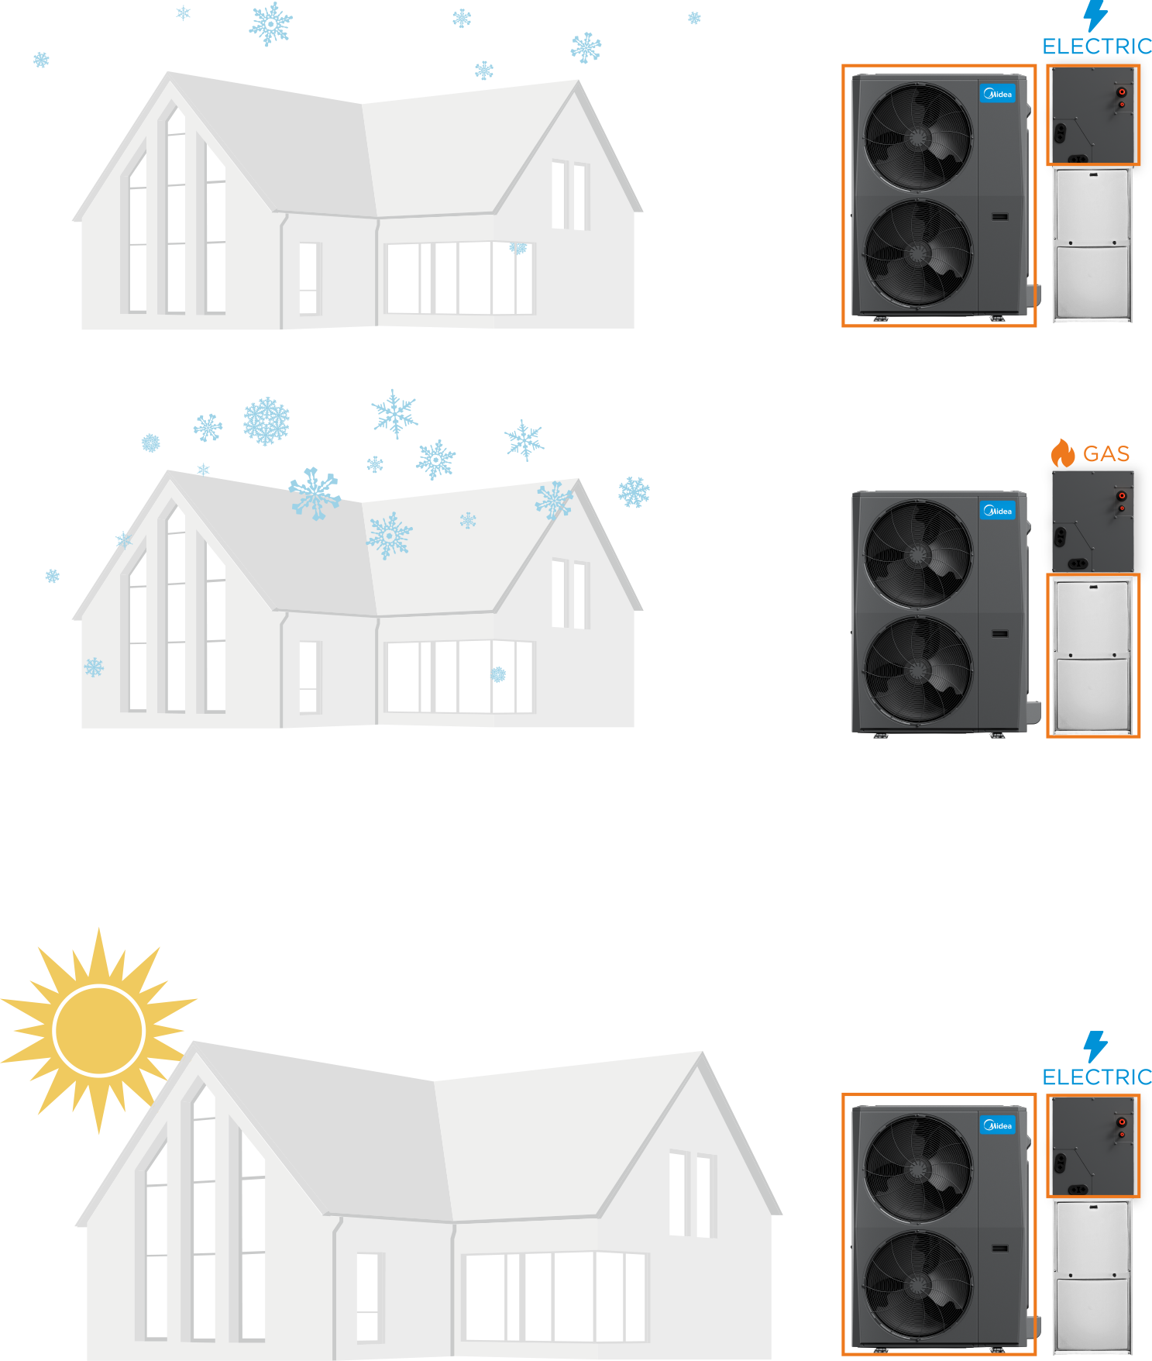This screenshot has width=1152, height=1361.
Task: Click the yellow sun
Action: [x=99, y=1030]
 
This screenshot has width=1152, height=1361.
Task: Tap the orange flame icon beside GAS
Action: [x=1063, y=453]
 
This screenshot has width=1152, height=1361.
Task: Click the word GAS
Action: [x=1106, y=453]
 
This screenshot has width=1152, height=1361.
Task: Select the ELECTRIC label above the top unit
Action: [x=1096, y=47]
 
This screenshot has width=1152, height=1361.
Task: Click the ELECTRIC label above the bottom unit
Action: [x=1096, y=1077]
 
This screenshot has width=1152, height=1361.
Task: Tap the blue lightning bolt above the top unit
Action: [x=1095, y=16]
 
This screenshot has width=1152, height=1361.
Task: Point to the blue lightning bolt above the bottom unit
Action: [x=1095, y=1046]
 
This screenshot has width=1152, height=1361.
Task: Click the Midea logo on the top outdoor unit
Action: [x=998, y=94]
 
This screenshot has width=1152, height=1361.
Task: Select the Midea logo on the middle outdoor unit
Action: [x=998, y=511]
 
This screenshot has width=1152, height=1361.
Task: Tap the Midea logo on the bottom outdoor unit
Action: [x=998, y=1125]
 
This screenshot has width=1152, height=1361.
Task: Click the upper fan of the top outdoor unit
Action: [x=918, y=137]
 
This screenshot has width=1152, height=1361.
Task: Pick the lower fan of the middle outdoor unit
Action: [x=918, y=669]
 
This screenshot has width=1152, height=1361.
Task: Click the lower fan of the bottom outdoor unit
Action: [x=918, y=1283]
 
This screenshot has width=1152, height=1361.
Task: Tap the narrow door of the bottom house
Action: [x=367, y=1297]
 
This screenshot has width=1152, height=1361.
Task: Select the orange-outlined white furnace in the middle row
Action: [x=1093, y=655]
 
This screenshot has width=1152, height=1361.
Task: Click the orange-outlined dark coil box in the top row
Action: [x=1093, y=115]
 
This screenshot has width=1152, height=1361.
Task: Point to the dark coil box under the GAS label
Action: [x=1093, y=521]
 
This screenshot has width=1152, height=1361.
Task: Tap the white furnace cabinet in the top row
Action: [x=1093, y=244]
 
